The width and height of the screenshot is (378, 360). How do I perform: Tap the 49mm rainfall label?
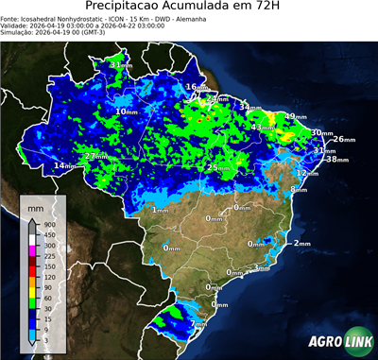click(296, 116)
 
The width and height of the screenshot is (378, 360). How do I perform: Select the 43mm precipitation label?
click(262, 127)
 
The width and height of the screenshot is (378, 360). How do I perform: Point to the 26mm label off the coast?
click(345, 139)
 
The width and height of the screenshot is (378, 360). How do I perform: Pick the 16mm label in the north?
click(195, 87)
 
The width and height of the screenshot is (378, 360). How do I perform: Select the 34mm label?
click(249, 108)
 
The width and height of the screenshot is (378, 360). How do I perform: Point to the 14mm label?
click(64, 166)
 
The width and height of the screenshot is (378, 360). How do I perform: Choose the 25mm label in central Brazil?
click(217, 167)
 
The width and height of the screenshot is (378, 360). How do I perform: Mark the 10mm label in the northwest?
click(126, 111)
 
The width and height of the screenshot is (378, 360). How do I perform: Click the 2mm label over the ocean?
click(301, 243)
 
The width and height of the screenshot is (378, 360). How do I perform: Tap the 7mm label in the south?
click(198, 324)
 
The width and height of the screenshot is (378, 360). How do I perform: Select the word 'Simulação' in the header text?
click(20, 32)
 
